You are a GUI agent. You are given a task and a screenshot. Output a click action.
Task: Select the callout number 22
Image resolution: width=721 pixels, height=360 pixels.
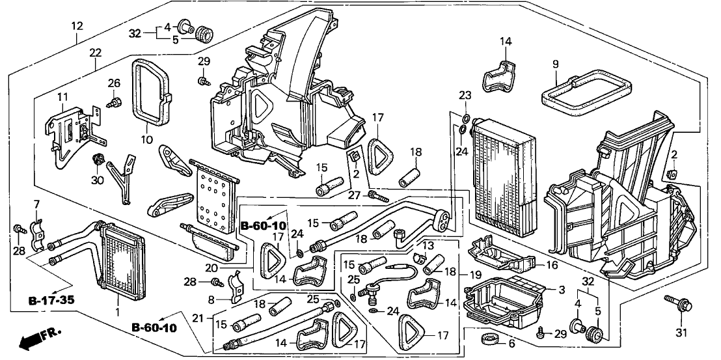point(96,53)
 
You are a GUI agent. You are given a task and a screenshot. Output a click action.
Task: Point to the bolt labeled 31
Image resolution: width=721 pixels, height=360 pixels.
point(673,303)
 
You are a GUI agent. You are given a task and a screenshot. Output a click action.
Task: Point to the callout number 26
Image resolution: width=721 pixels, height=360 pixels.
point(115,83)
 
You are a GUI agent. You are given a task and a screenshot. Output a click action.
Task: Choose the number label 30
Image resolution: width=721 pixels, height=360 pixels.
point(98,180)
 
